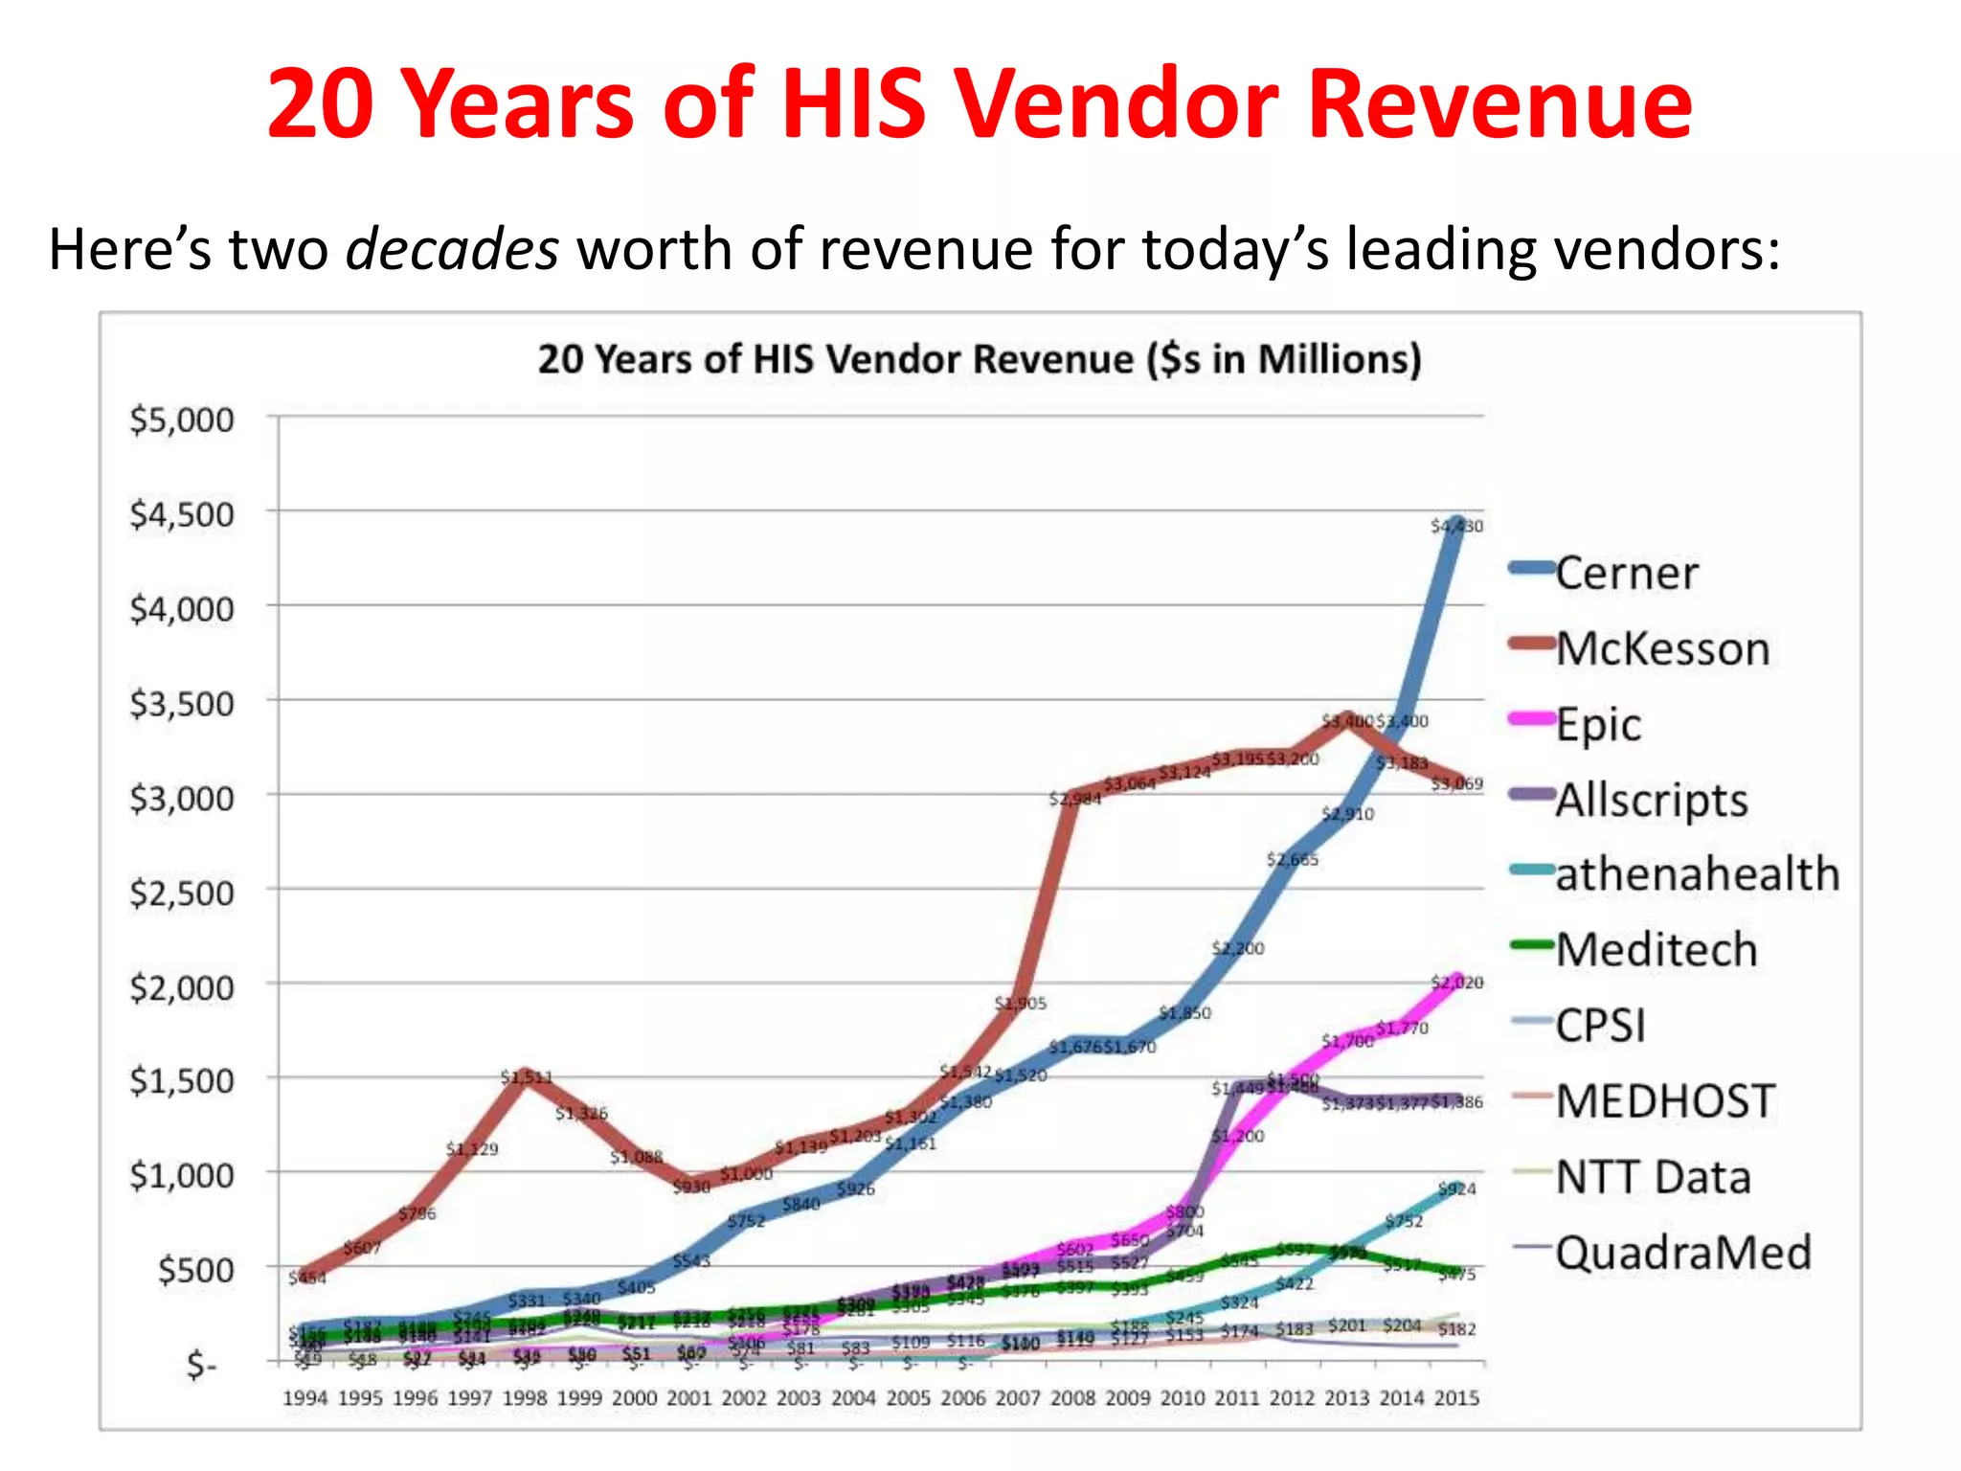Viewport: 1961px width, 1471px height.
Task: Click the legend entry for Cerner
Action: click(x=1626, y=573)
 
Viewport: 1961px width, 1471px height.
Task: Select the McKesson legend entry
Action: click(x=1661, y=648)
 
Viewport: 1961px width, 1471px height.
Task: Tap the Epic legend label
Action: click(x=1598, y=724)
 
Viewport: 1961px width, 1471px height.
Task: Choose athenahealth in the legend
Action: click(x=1697, y=874)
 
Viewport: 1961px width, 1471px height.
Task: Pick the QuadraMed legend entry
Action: click(x=1682, y=1253)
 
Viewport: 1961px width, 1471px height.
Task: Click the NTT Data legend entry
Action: click(x=1653, y=1177)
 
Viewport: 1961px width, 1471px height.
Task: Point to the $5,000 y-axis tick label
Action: click(x=182, y=419)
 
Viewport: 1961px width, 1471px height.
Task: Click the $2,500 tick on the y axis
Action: click(x=182, y=893)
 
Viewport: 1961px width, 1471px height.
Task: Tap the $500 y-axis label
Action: click(x=195, y=1270)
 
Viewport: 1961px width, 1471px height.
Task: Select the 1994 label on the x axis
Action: click(x=305, y=1398)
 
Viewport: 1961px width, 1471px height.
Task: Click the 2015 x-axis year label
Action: click(x=1456, y=1398)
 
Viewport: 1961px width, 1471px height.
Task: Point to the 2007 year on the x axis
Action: click(x=1018, y=1398)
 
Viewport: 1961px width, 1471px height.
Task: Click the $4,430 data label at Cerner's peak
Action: click(x=1456, y=527)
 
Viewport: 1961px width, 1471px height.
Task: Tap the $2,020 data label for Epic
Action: click(x=1456, y=983)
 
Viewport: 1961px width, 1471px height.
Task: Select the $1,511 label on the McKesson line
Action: click(x=526, y=1077)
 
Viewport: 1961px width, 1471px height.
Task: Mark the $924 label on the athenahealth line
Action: click(x=1456, y=1189)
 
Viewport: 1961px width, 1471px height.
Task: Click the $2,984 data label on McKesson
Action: click(x=1074, y=799)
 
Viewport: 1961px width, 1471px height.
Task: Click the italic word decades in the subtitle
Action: click(x=451, y=249)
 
